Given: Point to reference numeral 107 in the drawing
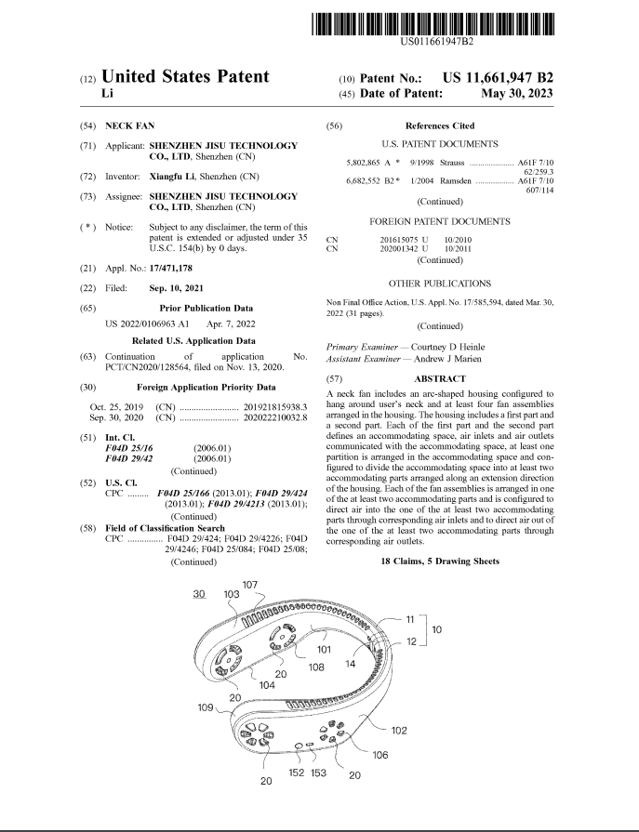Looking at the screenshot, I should click(x=250, y=585).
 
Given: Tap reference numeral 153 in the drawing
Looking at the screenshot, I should click(x=319, y=772).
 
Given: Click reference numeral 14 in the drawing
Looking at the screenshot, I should click(x=352, y=664).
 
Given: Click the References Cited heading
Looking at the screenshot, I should click(x=440, y=125).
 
